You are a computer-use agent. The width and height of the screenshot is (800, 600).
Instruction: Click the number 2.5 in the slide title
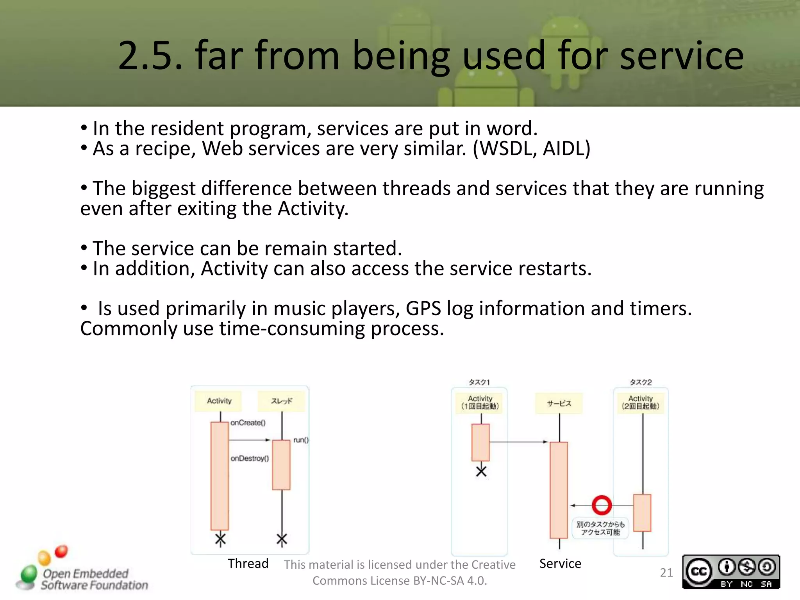pos(150,56)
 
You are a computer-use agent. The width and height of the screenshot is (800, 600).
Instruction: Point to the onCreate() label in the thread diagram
pos(248,423)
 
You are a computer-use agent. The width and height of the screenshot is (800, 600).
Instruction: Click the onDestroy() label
pos(250,458)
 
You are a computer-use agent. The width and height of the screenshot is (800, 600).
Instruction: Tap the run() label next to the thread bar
pos(301,440)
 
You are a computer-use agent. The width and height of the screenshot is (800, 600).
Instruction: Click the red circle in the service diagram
pos(602,505)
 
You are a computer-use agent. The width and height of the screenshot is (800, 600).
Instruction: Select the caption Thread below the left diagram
pos(248,563)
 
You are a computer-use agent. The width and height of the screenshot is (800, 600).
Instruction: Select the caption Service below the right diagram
pos(560,563)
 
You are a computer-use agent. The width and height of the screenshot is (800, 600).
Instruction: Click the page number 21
pos(666,573)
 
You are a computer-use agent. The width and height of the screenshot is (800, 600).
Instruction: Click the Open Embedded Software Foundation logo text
pos(94,579)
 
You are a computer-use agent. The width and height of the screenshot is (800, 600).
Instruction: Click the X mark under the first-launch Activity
pos(481,471)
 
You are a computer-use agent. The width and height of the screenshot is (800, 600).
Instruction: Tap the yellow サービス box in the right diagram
pos(559,404)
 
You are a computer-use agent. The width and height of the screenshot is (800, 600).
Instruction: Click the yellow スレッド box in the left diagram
pos(281,401)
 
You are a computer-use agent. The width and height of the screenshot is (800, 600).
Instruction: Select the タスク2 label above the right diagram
pos(641,382)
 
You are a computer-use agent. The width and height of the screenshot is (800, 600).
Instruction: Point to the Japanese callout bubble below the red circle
pos(600,528)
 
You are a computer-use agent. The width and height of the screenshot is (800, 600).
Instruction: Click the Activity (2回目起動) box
pos(640,403)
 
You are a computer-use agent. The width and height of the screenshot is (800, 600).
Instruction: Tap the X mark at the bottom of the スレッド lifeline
pos(282,539)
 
